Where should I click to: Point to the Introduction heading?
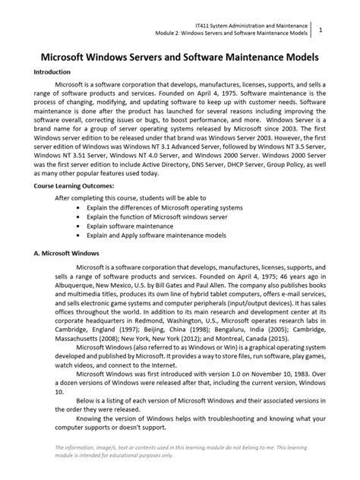click(x=52, y=73)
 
